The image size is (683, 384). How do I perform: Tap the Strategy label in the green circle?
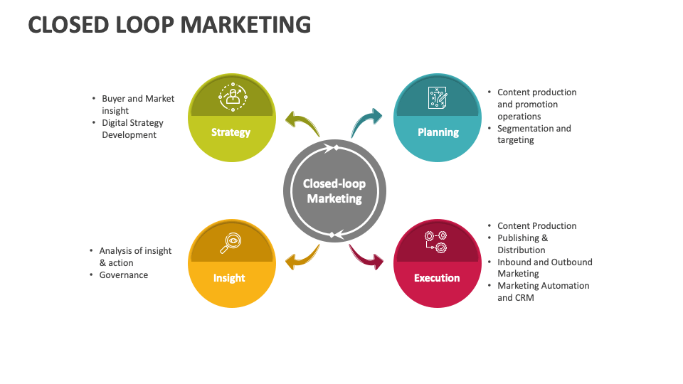(x=231, y=132)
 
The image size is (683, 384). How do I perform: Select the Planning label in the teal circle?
(x=438, y=132)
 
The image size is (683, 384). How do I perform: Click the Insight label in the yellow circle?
(x=229, y=278)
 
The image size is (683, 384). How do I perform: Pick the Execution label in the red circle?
(x=437, y=278)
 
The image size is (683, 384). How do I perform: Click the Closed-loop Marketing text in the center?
(x=334, y=191)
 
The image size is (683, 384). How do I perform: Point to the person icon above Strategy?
(x=231, y=97)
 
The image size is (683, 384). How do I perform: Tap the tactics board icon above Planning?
(x=438, y=97)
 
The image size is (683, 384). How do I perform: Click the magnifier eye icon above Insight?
(x=230, y=243)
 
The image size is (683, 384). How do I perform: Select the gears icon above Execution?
(x=436, y=241)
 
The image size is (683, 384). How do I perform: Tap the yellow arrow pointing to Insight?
(x=302, y=257)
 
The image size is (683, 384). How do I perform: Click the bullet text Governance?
(x=124, y=275)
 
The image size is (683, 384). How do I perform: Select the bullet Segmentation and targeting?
(x=534, y=134)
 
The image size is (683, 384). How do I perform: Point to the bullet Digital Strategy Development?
(x=132, y=129)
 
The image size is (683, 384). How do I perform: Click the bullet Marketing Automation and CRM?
(x=543, y=292)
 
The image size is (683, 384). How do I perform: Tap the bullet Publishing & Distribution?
(x=522, y=244)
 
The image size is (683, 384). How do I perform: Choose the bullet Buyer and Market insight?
(x=137, y=105)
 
